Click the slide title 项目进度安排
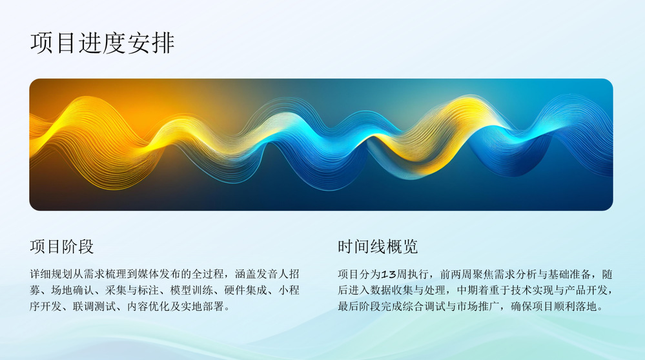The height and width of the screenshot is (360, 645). click(x=103, y=43)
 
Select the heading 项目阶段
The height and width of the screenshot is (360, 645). click(x=62, y=246)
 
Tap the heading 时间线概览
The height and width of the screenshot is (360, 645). click(x=378, y=246)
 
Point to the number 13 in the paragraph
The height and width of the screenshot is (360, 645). click(x=389, y=274)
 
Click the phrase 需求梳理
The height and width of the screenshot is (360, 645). click(x=105, y=274)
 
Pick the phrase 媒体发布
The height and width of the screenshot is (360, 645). click(x=159, y=274)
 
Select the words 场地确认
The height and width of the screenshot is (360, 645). click(x=72, y=290)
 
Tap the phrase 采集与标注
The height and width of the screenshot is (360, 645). click(x=132, y=290)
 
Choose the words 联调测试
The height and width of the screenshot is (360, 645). click(x=94, y=306)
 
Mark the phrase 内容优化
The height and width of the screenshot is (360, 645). click(x=148, y=306)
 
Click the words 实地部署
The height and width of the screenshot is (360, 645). click(x=202, y=306)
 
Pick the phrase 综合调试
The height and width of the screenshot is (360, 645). click(x=424, y=306)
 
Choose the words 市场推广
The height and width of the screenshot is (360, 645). click(x=478, y=306)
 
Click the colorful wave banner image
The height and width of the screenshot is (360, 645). click(x=321, y=145)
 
